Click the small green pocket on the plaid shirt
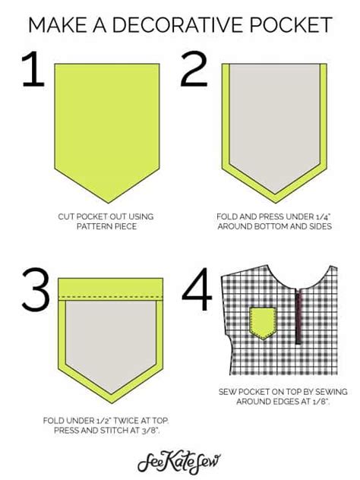pyautogui.click(x=264, y=322)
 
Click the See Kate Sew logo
pyautogui.click(x=180, y=461)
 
